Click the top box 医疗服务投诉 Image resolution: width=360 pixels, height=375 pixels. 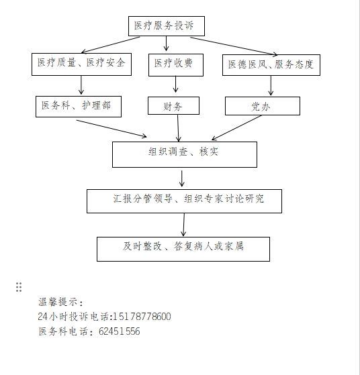(x=167, y=26)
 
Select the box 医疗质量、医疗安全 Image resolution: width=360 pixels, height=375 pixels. (x=81, y=64)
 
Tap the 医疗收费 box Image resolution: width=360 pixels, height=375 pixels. (x=176, y=65)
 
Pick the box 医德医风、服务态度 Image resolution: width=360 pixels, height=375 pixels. (x=271, y=65)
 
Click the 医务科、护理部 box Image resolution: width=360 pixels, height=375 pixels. (x=79, y=107)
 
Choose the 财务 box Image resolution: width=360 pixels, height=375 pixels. (x=173, y=106)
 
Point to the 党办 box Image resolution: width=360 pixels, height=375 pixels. (x=263, y=106)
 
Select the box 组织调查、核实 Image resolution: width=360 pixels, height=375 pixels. (x=185, y=154)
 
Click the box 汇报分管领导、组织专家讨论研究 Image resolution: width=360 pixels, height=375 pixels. (x=184, y=201)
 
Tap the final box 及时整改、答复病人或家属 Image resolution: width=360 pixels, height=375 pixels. (x=183, y=249)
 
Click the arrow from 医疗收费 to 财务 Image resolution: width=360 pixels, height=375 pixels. (x=175, y=84)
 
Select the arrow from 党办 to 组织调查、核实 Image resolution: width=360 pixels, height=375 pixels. (x=236, y=127)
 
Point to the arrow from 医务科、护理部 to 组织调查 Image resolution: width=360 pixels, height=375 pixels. (x=111, y=129)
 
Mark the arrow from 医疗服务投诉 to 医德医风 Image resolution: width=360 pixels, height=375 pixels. (x=234, y=46)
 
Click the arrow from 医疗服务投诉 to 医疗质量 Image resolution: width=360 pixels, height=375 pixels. (x=111, y=45)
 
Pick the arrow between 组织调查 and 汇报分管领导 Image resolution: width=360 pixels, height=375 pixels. (x=182, y=178)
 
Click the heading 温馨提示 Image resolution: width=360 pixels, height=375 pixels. (x=60, y=302)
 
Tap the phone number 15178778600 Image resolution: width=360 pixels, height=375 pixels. (x=142, y=317)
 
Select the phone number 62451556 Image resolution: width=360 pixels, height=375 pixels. (x=120, y=331)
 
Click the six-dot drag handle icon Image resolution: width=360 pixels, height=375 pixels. (x=19, y=287)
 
